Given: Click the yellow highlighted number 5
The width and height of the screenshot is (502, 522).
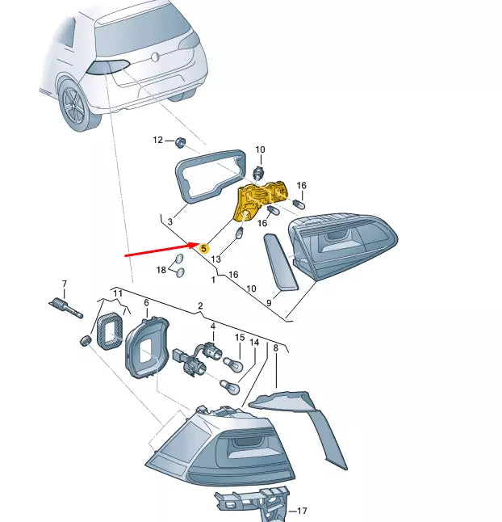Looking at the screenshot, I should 204,250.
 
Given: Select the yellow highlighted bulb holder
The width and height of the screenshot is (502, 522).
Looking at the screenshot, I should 261,201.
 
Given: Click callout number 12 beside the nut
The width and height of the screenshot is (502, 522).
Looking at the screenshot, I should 158,141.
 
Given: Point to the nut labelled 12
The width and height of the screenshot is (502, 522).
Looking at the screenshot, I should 179,143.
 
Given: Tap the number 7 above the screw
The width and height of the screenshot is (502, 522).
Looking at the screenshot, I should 65,284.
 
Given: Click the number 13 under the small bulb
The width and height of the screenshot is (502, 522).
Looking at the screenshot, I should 216,259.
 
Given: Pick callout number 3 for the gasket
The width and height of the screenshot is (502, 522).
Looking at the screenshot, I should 170,221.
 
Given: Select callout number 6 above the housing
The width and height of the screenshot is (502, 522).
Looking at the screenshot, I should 146,303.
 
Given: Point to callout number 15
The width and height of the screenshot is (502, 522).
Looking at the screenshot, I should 240,337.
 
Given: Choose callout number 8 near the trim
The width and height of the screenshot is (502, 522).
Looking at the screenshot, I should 275,348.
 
